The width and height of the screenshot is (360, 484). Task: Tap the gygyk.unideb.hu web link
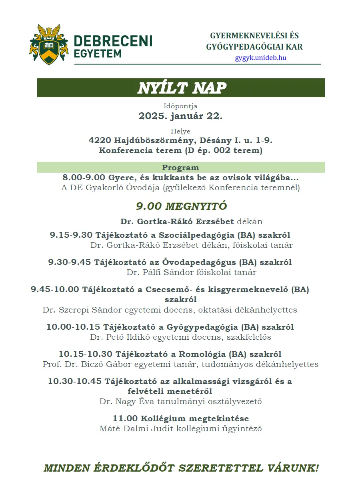pos(260,58)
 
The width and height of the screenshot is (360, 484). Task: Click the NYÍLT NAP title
pos(182,88)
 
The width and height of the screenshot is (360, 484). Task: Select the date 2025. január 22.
pos(180,116)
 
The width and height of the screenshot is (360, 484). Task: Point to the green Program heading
pos(180,167)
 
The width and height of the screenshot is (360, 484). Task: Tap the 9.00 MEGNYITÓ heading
pos(181,206)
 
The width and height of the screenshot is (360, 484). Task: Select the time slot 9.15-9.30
pos(71,235)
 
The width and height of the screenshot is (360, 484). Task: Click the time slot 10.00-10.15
pos(73,327)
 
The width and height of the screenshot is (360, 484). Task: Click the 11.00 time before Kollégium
pos(125,419)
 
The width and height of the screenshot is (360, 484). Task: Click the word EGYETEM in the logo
pos(98,53)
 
